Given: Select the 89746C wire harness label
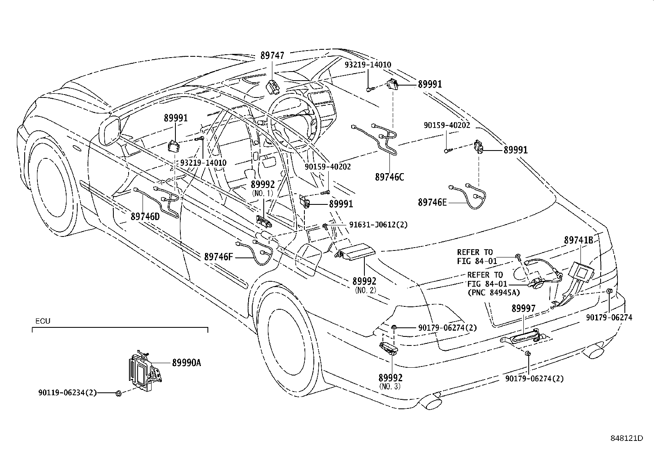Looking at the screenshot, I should point(389,177).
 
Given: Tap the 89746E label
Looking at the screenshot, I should point(432,202).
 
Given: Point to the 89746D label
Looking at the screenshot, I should point(145,216).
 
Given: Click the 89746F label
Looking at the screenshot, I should point(218,257).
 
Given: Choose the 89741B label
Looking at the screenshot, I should point(578,240).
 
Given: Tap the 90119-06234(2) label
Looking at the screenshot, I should point(67,393).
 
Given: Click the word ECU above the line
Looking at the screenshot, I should point(42,321).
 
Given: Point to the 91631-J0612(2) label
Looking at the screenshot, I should point(378,225).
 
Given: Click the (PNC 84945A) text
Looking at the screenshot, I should point(493,293).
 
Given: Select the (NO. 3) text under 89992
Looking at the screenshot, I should point(390,386).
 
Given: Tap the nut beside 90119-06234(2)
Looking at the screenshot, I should point(118,393).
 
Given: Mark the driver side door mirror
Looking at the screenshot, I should point(111,131).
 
